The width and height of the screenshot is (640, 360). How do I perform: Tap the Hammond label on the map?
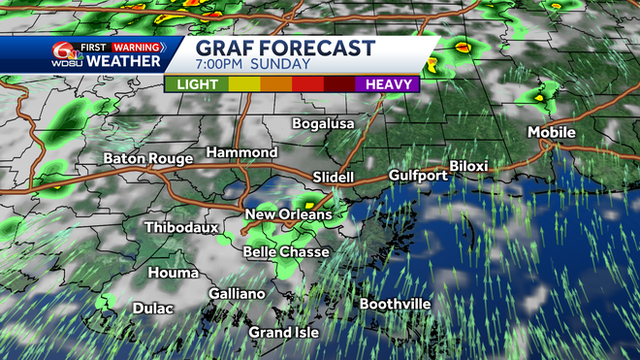point(241,153)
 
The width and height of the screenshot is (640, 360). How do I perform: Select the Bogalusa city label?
point(324,123)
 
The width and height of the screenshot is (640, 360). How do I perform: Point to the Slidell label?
point(336,177)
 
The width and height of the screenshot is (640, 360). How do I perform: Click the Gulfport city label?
point(418,176)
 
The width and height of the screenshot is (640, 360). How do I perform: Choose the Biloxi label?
point(467,167)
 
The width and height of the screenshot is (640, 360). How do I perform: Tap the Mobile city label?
point(551,133)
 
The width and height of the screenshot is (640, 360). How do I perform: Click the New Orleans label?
point(288,214)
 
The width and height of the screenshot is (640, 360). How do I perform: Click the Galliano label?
point(237,294)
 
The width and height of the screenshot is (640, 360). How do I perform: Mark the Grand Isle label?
point(283,333)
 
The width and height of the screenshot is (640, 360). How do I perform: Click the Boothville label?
point(395,304)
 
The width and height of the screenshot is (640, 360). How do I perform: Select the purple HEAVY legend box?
point(388,84)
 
